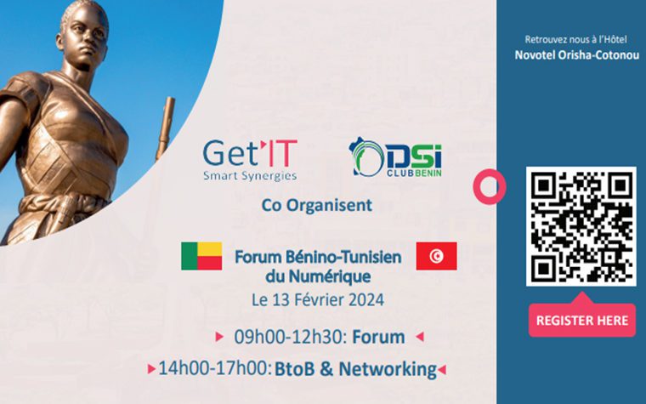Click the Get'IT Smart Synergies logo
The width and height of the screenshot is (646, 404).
[250, 161]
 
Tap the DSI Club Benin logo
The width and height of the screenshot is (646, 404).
[395, 157]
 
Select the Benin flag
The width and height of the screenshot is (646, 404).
[201, 256]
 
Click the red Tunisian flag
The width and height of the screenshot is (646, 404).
[436, 256]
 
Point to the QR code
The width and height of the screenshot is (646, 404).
[581, 226]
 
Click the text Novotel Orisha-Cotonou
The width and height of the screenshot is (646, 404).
[577, 54]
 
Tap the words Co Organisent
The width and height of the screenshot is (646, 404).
[317, 205]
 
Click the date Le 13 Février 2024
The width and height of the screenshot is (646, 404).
[318, 299]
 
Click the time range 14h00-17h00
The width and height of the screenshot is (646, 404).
[215, 368]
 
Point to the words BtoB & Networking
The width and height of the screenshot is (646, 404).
[355, 369]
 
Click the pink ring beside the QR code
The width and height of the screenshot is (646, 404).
[489, 186]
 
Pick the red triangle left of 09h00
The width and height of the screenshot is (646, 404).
[219, 337]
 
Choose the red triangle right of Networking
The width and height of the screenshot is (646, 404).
[442, 369]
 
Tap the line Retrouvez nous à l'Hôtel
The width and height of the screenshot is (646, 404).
[575, 40]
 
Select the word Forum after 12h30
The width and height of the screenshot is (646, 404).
[378, 337]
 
